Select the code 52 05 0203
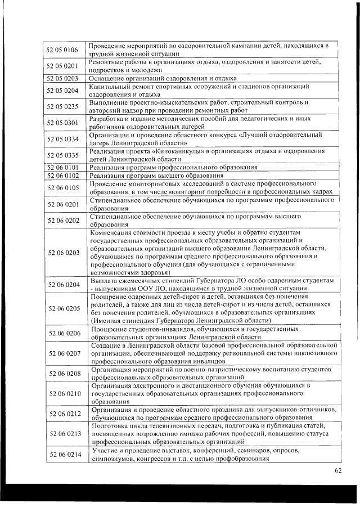point(62,78)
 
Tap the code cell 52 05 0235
point(62,106)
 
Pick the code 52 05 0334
point(62,139)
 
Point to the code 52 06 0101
point(62,167)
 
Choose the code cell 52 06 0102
point(62,175)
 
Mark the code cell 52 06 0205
point(62,308)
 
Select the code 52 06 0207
point(62,352)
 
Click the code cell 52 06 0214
point(62,454)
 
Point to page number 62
point(337,471)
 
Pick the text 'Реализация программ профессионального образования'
point(173,167)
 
